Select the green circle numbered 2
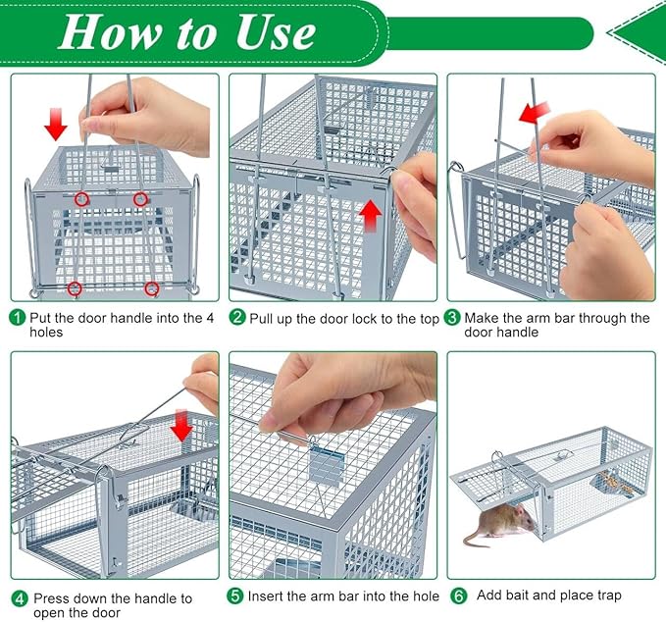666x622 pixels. click(x=237, y=317)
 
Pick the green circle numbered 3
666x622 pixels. click(x=452, y=317)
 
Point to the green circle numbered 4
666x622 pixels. click(x=19, y=598)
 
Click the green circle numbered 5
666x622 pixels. click(x=237, y=596)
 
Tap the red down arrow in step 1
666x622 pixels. click(x=56, y=125)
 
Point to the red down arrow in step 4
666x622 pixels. click(x=180, y=426)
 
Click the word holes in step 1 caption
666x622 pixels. click(x=48, y=333)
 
